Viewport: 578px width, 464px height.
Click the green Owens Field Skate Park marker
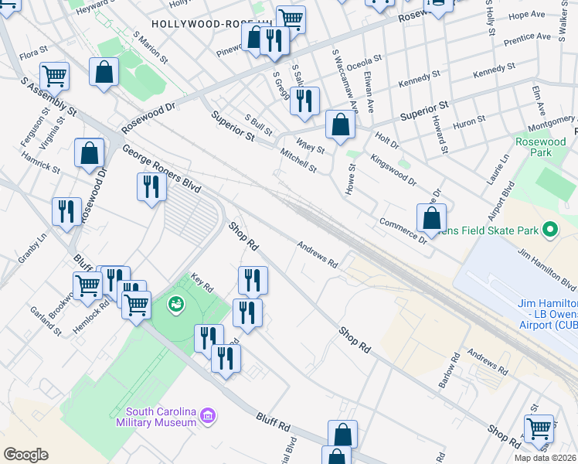tap(550, 230)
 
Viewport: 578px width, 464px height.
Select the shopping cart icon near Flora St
tap(55, 76)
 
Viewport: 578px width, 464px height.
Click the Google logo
tap(25, 455)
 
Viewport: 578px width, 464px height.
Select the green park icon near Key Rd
tap(176, 304)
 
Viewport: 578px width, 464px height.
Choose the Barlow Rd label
tap(454, 369)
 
